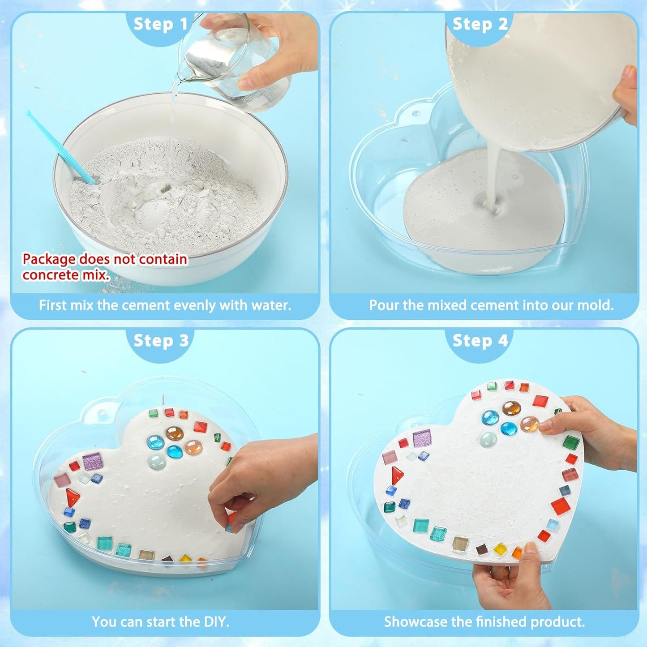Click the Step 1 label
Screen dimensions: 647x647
(x=161, y=24)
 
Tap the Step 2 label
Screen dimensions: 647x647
(x=480, y=24)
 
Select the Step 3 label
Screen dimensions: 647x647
(x=161, y=341)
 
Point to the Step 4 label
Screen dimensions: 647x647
(x=480, y=341)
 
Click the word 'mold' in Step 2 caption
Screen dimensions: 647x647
(x=595, y=305)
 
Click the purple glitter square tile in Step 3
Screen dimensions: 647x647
(x=93, y=461)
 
